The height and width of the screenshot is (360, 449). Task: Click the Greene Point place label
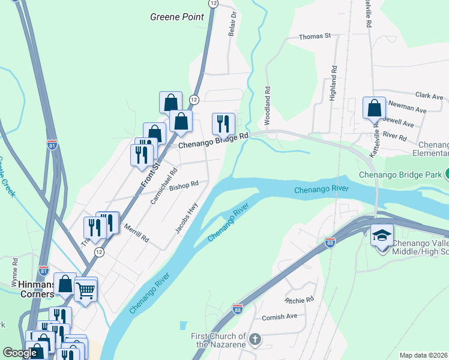(x=178, y=17)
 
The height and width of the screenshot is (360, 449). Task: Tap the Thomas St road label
(x=315, y=37)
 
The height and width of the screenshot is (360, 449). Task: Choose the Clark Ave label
(x=429, y=95)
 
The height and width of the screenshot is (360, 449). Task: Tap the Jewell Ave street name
(x=400, y=124)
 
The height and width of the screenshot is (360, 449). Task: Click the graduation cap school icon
(x=382, y=235)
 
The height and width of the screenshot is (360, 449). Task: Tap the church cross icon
(x=255, y=340)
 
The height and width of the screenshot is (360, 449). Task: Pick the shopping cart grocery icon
(x=86, y=291)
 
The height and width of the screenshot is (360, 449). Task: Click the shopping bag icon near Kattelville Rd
(x=374, y=108)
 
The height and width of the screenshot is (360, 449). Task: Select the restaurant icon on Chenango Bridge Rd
(x=223, y=124)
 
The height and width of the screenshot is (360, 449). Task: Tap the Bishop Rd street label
(x=183, y=185)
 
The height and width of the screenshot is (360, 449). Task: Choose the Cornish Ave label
(x=279, y=316)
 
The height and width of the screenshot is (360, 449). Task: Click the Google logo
(x=21, y=353)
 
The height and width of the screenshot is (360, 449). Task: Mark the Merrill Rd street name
(x=136, y=234)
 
